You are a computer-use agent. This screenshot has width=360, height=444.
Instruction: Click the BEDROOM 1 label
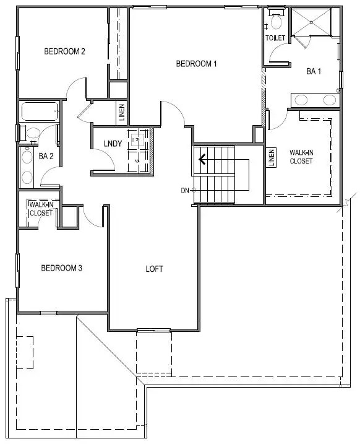click(x=197, y=63)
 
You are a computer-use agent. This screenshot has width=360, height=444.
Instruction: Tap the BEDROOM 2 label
click(x=64, y=51)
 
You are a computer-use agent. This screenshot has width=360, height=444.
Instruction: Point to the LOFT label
click(x=155, y=269)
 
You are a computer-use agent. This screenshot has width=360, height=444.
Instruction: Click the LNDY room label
click(x=112, y=144)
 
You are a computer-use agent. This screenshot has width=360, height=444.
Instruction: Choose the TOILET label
click(x=276, y=38)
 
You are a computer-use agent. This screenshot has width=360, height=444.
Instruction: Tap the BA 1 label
click(x=314, y=71)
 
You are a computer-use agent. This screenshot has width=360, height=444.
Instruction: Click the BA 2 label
click(x=46, y=156)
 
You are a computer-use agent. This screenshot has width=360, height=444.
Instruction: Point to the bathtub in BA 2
click(x=41, y=113)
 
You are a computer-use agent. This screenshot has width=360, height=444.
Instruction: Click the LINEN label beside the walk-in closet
click(x=271, y=158)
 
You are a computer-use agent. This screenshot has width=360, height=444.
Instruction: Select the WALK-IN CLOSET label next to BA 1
click(x=301, y=157)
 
